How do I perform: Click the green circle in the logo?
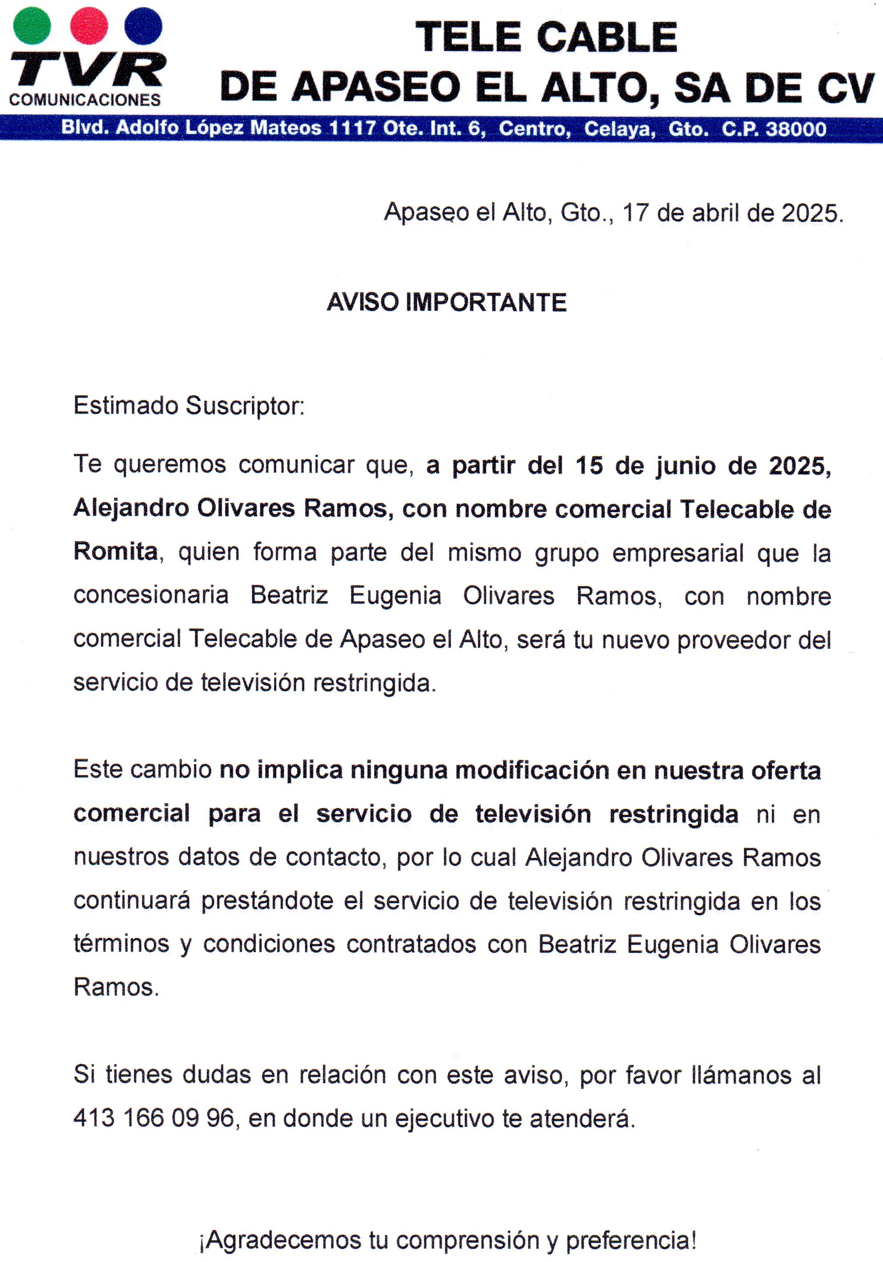(32, 25)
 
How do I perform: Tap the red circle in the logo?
(89, 25)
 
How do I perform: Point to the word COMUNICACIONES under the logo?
(85, 100)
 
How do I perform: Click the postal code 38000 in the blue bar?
(796, 129)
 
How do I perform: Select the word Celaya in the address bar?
(620, 129)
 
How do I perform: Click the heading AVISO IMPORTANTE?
(447, 302)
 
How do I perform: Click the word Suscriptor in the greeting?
(244, 406)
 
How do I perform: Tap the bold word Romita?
(116, 551)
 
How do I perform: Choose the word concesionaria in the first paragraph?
(151, 595)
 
